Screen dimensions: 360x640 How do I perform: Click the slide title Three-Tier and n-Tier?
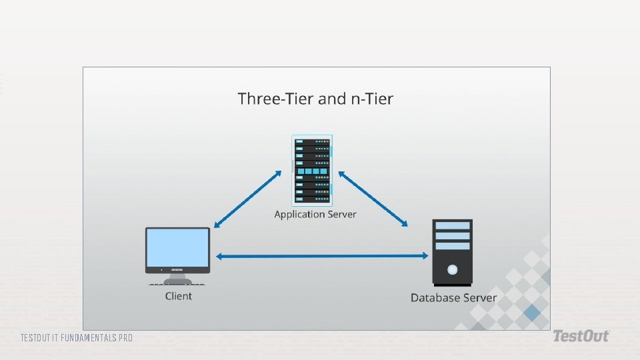(315, 99)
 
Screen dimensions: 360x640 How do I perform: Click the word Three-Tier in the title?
(275, 99)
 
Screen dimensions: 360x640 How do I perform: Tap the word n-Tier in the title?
(371, 99)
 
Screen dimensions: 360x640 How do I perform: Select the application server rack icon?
(312, 170)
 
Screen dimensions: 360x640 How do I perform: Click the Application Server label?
(315, 215)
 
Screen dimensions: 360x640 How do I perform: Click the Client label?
(178, 296)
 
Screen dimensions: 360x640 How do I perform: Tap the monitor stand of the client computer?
(177, 280)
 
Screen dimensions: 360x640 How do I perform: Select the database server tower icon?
(453, 252)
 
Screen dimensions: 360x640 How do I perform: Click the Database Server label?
(453, 297)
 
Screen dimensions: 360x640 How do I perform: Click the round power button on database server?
(453, 270)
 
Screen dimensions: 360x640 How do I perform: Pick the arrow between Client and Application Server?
(248, 199)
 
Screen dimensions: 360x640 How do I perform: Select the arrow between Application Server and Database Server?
(373, 199)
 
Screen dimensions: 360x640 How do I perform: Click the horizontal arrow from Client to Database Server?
(321, 256)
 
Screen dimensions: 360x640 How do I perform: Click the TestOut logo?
(581, 336)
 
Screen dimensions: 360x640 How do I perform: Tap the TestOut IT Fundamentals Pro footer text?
(76, 338)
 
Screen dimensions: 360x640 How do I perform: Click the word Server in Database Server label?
(479, 297)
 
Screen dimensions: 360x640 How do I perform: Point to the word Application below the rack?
(299, 215)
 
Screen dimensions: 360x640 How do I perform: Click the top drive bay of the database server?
(453, 226)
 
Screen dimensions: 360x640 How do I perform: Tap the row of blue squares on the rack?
(312, 172)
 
